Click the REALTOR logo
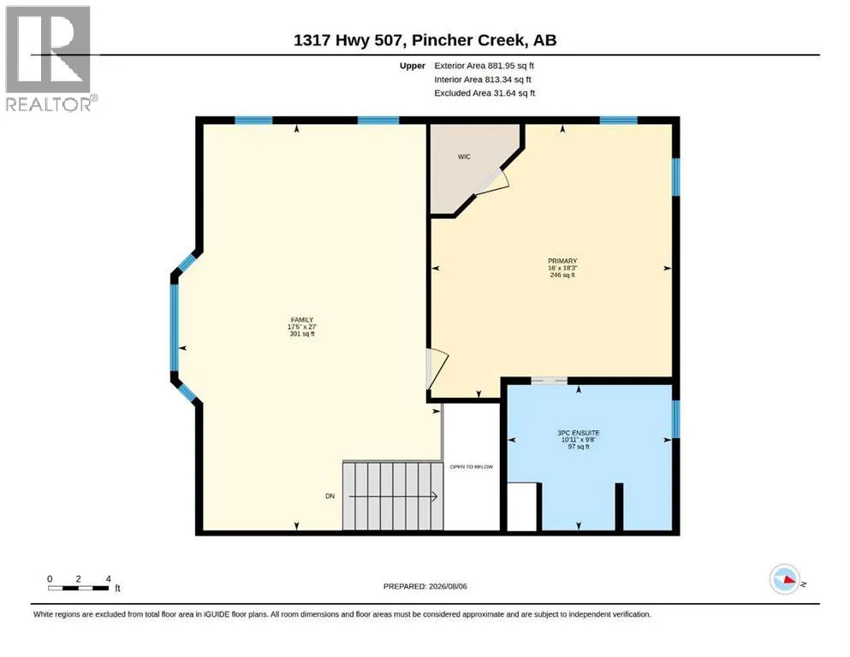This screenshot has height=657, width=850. (51, 58)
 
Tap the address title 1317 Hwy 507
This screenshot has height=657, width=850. (349, 40)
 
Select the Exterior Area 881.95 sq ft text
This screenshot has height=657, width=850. (484, 66)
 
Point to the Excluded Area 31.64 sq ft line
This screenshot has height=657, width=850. (484, 93)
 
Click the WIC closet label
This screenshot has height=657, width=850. (464, 157)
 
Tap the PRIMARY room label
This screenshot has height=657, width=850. (562, 261)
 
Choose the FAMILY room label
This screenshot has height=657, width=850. (302, 320)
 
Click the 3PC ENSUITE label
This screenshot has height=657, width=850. (579, 434)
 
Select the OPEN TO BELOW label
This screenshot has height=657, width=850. (472, 467)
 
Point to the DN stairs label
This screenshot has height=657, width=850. (330, 496)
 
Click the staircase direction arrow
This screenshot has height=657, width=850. (393, 496)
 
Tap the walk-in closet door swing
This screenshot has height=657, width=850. (492, 182)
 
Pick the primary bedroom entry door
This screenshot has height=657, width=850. (437, 369)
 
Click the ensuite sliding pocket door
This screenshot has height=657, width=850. (550, 381)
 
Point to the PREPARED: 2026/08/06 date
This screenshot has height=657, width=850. (425, 587)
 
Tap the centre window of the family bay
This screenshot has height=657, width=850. (174, 327)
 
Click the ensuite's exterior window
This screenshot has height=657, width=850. (676, 418)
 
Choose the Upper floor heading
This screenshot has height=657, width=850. (413, 66)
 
